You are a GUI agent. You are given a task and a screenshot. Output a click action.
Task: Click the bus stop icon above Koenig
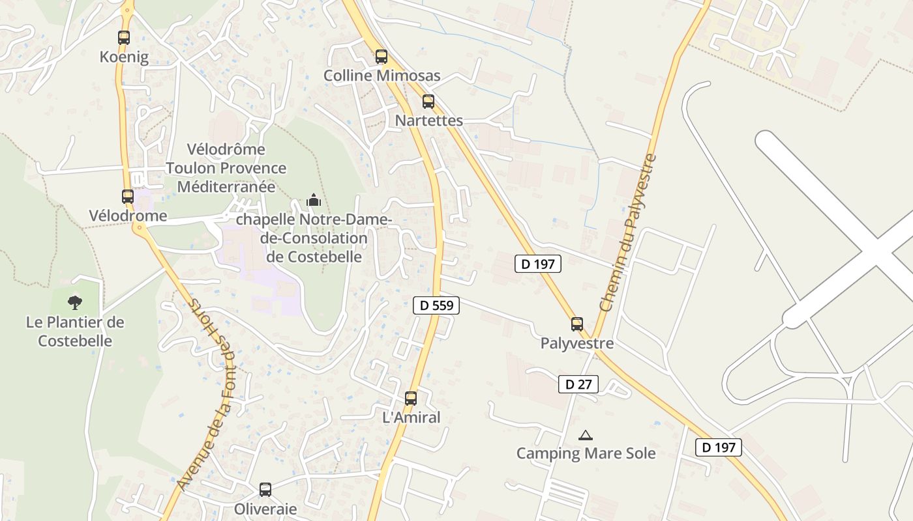coord(124,37)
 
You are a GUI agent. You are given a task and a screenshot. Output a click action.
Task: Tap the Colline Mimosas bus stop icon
coord(382,57)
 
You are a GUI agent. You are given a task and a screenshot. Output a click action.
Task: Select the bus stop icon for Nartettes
coord(428,102)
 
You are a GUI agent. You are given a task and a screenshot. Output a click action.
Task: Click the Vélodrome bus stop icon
coord(128,196)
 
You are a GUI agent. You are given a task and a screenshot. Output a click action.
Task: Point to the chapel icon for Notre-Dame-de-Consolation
coord(314,200)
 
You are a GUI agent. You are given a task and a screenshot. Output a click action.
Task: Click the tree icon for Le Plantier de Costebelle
coord(75,302)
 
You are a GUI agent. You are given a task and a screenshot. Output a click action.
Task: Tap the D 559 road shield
coord(436,305)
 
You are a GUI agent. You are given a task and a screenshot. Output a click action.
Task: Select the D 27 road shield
coord(578,384)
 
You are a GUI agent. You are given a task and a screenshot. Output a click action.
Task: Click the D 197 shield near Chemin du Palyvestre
coord(538,264)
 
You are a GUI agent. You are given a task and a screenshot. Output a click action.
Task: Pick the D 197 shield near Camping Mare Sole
coord(719,447)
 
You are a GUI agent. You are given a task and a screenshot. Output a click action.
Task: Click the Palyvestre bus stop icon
coord(577,324)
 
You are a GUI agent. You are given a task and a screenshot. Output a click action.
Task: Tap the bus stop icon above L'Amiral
coord(411,398)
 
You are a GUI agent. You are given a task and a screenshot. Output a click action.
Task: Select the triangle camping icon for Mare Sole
coord(586,435)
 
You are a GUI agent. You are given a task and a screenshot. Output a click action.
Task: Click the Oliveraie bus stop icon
coord(265,489)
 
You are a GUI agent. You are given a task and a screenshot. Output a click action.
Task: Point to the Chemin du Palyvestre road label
coord(627,232)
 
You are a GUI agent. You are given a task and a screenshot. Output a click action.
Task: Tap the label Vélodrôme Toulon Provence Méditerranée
coord(226,168)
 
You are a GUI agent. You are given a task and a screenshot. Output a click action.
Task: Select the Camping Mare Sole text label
coord(586,453)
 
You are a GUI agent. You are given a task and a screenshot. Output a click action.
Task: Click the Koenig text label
coord(124,57)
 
